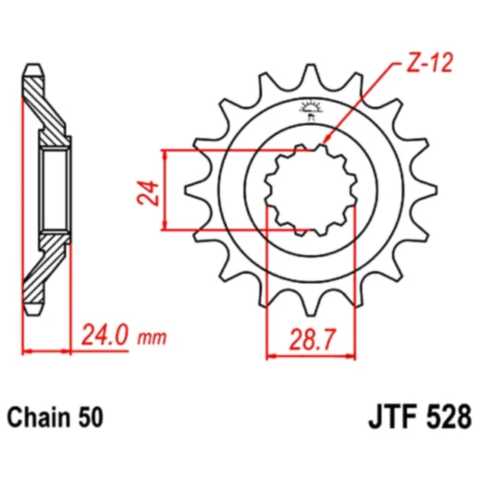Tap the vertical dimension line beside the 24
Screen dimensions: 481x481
click(x=165, y=190)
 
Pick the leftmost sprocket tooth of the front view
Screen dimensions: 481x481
click(x=191, y=190)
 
